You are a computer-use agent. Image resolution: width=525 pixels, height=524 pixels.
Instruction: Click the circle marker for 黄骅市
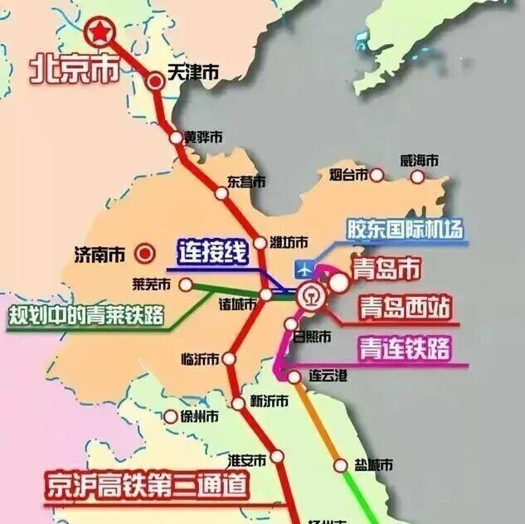pyautogui.click(x=176, y=138)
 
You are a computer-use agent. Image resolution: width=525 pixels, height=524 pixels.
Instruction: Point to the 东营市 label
pyautogui.click(x=246, y=181)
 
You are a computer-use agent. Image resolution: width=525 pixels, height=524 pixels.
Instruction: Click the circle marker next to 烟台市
pyautogui.click(x=377, y=175)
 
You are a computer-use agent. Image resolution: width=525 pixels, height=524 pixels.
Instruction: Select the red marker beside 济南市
pyautogui.click(x=146, y=251)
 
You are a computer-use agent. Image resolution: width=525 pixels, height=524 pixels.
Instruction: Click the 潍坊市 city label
pyautogui.click(x=289, y=242)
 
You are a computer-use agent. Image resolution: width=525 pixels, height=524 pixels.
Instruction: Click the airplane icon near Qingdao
pyautogui.click(x=306, y=269)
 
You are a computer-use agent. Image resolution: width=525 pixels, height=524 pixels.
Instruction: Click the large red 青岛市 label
pyautogui.click(x=386, y=269)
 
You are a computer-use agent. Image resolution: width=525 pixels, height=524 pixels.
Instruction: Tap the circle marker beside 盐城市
pyautogui.click(x=340, y=465)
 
